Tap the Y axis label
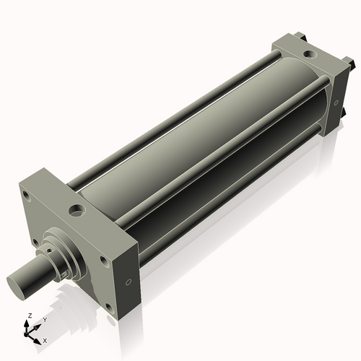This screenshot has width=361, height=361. pos(44,319)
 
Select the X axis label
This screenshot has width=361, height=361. pos(45,339)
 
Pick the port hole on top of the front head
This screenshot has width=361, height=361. pos(77,212)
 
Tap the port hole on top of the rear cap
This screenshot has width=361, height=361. pos(308,53)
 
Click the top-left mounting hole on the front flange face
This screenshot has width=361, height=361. pos(27,195)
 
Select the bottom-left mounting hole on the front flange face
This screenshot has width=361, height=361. pos(34,243)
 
